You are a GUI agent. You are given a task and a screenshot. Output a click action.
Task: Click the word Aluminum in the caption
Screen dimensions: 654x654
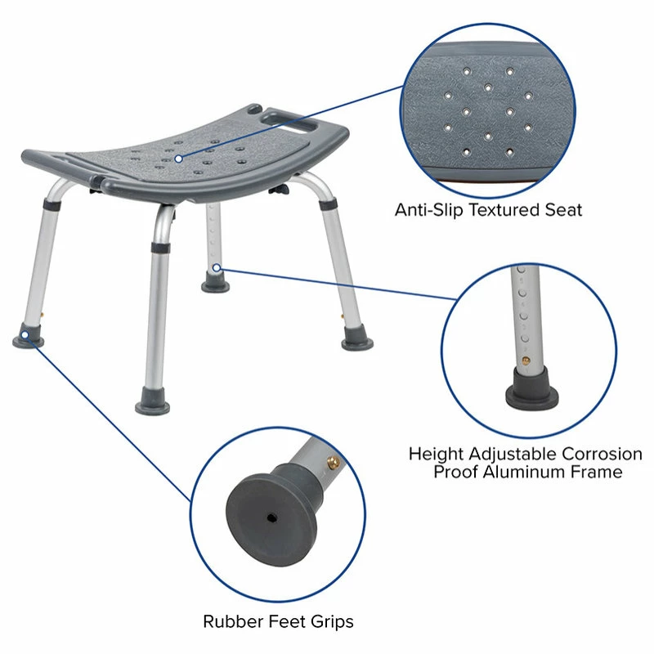click(538, 473)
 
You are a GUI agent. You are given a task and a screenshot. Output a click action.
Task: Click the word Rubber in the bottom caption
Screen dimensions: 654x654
click(231, 622)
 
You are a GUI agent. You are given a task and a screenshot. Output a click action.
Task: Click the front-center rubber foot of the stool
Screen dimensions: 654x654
click(154, 405)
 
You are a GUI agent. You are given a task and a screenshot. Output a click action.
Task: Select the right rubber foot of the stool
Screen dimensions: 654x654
click(357, 338)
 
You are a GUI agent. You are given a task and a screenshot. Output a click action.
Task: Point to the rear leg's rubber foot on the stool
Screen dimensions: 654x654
click(215, 283)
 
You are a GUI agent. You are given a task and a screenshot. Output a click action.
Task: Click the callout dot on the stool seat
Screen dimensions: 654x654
click(178, 155)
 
